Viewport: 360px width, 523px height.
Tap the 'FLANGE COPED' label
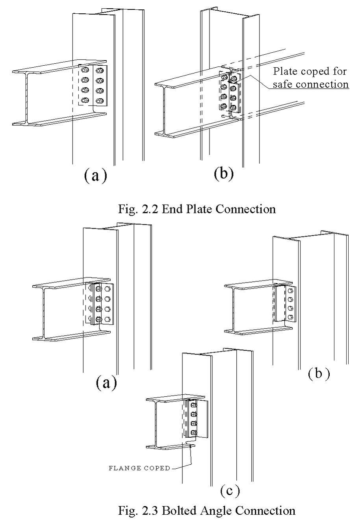pyautogui.click(x=139, y=468)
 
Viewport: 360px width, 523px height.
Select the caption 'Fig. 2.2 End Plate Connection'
pyautogui.click(x=197, y=209)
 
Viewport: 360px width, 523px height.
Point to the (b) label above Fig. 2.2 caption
pyautogui.click(x=223, y=174)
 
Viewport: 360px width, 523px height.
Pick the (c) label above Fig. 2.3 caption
pyautogui.click(x=230, y=491)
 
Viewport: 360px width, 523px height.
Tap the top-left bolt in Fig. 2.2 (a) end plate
pyautogui.click(x=84, y=71)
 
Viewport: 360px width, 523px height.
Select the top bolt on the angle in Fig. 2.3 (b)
pyautogui.click(x=290, y=291)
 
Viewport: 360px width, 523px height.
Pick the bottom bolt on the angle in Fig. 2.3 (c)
pyautogui.click(x=193, y=433)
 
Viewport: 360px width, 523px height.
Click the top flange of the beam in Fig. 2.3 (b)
pyautogui.click(x=260, y=285)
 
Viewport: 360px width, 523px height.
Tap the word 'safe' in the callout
pyautogui.click(x=282, y=84)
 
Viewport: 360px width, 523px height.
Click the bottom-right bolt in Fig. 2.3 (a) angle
pyautogui.click(x=108, y=319)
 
